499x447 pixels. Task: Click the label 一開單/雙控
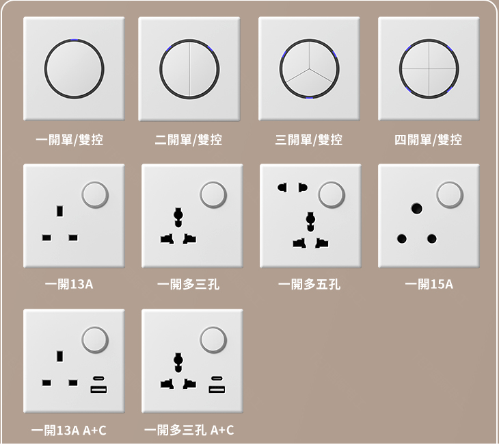(69, 140)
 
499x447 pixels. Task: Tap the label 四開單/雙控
(428, 140)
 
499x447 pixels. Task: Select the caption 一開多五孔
(310, 284)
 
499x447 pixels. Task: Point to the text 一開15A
(429, 284)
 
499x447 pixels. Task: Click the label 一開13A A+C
(69, 431)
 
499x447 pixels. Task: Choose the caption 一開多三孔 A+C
(189, 431)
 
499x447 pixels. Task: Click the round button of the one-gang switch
(74, 69)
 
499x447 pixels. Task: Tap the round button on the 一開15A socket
(450, 194)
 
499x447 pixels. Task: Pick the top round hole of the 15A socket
(416, 209)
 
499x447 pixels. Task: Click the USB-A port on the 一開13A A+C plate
(98, 389)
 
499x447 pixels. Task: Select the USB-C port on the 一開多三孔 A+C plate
(217, 379)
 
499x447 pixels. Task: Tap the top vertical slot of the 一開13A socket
(59, 212)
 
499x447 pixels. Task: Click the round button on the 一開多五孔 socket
(332, 194)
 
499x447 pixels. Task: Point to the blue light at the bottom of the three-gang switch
(310, 98)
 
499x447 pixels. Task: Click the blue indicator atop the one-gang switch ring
(74, 40)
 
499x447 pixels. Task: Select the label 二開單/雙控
(189, 140)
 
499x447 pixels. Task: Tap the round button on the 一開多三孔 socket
(213, 194)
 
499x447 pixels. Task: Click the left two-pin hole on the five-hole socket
(282, 188)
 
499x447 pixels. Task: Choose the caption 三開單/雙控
(309, 140)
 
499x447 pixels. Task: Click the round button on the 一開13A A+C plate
(95, 340)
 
